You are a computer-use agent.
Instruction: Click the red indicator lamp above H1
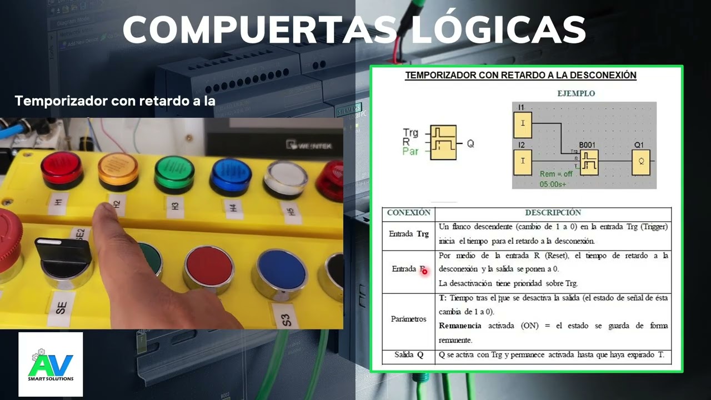[62, 167]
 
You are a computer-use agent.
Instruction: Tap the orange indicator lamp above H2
[118, 169]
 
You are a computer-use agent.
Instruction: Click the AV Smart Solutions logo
[51, 364]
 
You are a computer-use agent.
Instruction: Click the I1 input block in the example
[523, 124]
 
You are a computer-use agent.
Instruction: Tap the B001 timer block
[589, 162]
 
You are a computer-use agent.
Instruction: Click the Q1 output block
[641, 162]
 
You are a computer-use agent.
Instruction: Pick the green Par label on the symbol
[410, 151]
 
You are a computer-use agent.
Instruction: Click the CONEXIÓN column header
[408, 213]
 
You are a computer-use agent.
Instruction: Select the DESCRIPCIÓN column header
[553, 213]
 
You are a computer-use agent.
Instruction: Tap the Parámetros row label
[408, 319]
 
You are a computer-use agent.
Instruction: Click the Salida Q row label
[408, 354]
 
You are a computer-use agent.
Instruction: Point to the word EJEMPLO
[576, 93]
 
